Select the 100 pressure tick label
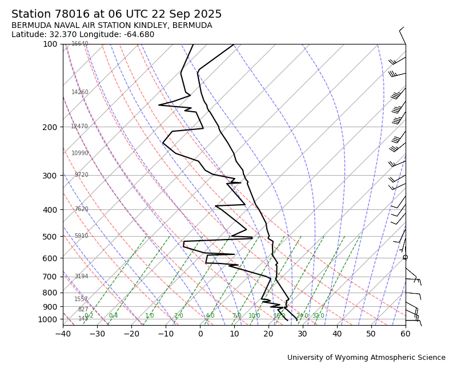click(50, 44)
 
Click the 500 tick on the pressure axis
click(50, 237)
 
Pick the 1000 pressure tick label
click(47, 320)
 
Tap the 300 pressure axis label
click(50, 176)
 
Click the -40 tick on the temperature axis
click(63, 334)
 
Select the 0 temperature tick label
click(200, 334)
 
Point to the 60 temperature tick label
click(406, 334)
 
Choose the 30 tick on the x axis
click(303, 334)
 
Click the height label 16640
click(79, 44)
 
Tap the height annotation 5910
click(81, 236)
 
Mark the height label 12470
click(79, 127)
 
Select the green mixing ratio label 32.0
click(318, 316)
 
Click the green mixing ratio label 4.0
click(210, 316)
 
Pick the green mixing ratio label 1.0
click(149, 316)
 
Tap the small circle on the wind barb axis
click(406, 257)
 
